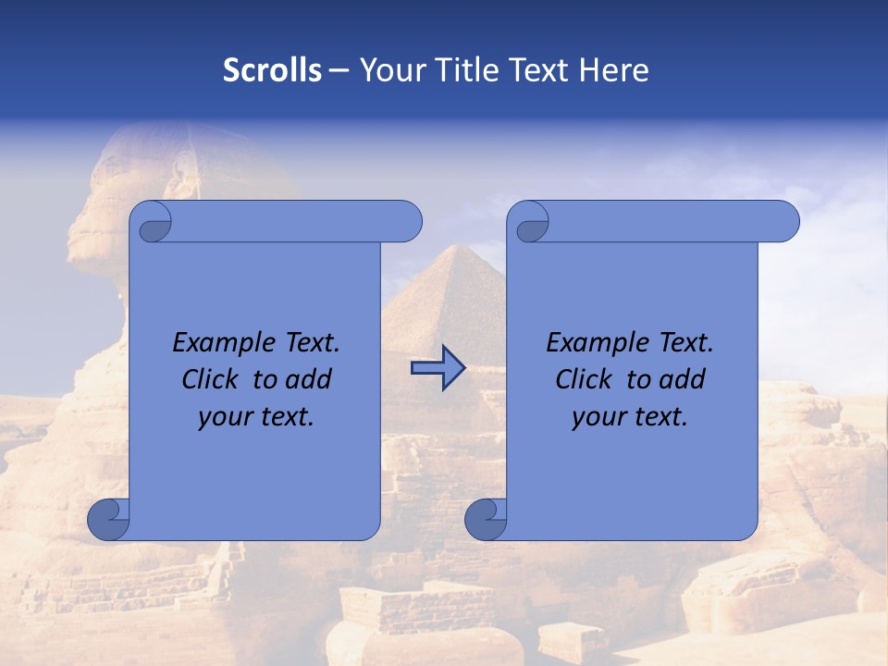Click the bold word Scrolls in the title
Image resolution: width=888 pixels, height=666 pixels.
272,69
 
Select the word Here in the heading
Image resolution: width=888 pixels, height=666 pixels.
613,69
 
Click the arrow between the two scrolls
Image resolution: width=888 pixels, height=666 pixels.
438,369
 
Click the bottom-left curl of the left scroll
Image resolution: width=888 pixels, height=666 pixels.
108,519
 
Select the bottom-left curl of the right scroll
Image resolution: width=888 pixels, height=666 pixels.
485,519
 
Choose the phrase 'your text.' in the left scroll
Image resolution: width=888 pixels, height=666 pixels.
256,416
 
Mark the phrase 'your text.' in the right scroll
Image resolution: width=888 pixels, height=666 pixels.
630,416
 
